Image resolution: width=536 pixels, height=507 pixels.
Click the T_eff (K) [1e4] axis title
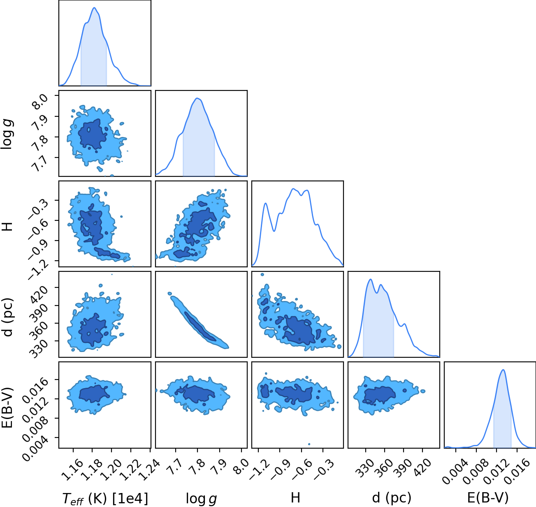(x=105, y=498)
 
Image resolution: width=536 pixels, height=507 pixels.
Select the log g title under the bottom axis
(x=201, y=499)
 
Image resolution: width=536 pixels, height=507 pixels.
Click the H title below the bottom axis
(x=295, y=498)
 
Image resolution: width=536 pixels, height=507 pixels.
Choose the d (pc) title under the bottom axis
(x=392, y=498)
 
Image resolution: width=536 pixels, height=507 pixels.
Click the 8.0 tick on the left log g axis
(x=41, y=101)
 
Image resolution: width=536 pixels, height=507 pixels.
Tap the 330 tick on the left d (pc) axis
(x=38, y=348)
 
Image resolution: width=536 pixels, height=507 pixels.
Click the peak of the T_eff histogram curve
(x=94, y=7)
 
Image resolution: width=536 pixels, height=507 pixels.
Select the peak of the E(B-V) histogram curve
(x=503, y=370)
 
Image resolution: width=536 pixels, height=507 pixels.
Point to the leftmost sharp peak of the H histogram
(x=265, y=203)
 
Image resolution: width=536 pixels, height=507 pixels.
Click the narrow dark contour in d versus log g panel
(x=200, y=326)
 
